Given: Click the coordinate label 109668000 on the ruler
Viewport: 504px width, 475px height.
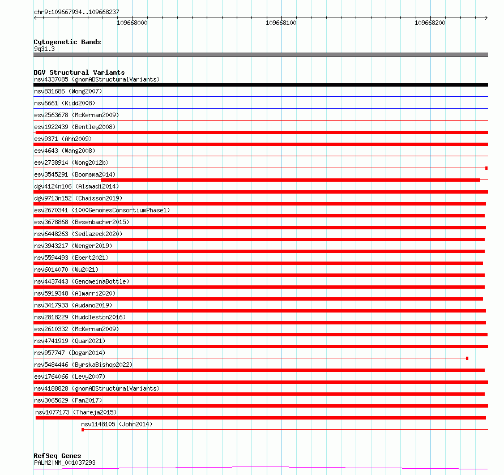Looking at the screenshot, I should pyautogui.click(x=132, y=23).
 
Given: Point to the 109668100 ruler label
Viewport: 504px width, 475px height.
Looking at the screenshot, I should pyautogui.click(x=281, y=23).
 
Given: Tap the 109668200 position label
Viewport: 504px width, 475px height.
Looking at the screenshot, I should pyautogui.click(x=430, y=23).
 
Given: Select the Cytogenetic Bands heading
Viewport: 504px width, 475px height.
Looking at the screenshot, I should pyautogui.click(x=67, y=42).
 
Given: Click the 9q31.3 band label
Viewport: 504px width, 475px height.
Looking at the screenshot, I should pyautogui.click(x=44, y=49).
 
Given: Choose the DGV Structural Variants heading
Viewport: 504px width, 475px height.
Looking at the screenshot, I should pyautogui.click(x=79, y=72).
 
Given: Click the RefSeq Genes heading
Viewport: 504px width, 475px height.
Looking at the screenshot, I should pyautogui.click(x=57, y=456).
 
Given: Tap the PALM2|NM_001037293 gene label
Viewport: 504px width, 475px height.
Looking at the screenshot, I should pyautogui.click(x=65, y=463).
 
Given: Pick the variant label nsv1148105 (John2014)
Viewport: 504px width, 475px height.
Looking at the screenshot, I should pyautogui.click(x=117, y=424).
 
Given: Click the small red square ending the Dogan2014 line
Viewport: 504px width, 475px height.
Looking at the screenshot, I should pyautogui.click(x=467, y=358).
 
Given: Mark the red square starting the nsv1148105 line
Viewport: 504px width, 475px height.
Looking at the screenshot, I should pyautogui.click(x=83, y=430).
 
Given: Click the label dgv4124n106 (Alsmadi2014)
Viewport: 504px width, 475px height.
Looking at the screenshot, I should pyautogui.click(x=76, y=186).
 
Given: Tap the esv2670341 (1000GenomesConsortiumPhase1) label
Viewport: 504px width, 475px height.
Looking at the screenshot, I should pyautogui.click(x=102, y=210).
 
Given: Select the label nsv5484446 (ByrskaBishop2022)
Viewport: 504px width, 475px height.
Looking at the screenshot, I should pyautogui.click(x=83, y=365).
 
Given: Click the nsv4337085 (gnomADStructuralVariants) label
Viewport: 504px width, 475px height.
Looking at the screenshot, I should pyautogui.click(x=97, y=79).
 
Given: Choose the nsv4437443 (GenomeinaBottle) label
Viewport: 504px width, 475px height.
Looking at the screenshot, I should pyautogui.click(x=82, y=281).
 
